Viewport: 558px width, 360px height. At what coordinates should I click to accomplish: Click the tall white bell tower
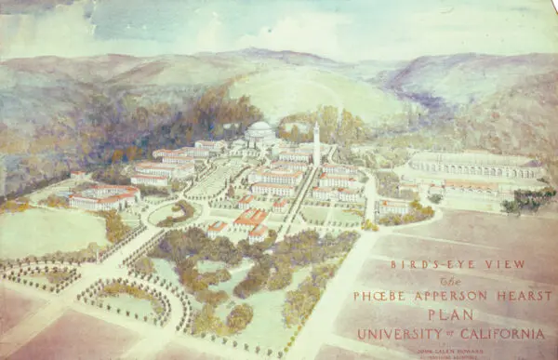point(316,144)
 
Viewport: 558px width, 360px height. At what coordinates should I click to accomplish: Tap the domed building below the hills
point(261,131)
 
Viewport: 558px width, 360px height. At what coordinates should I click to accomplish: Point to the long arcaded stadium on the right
point(474,166)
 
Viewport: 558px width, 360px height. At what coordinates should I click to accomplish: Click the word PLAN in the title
point(450,314)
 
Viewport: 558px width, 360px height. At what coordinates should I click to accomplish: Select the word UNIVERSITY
point(400,333)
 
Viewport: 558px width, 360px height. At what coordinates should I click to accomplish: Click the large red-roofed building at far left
point(104,196)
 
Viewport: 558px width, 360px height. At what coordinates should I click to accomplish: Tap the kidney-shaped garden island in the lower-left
point(126,301)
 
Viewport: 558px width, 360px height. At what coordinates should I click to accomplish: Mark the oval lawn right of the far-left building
point(168,213)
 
